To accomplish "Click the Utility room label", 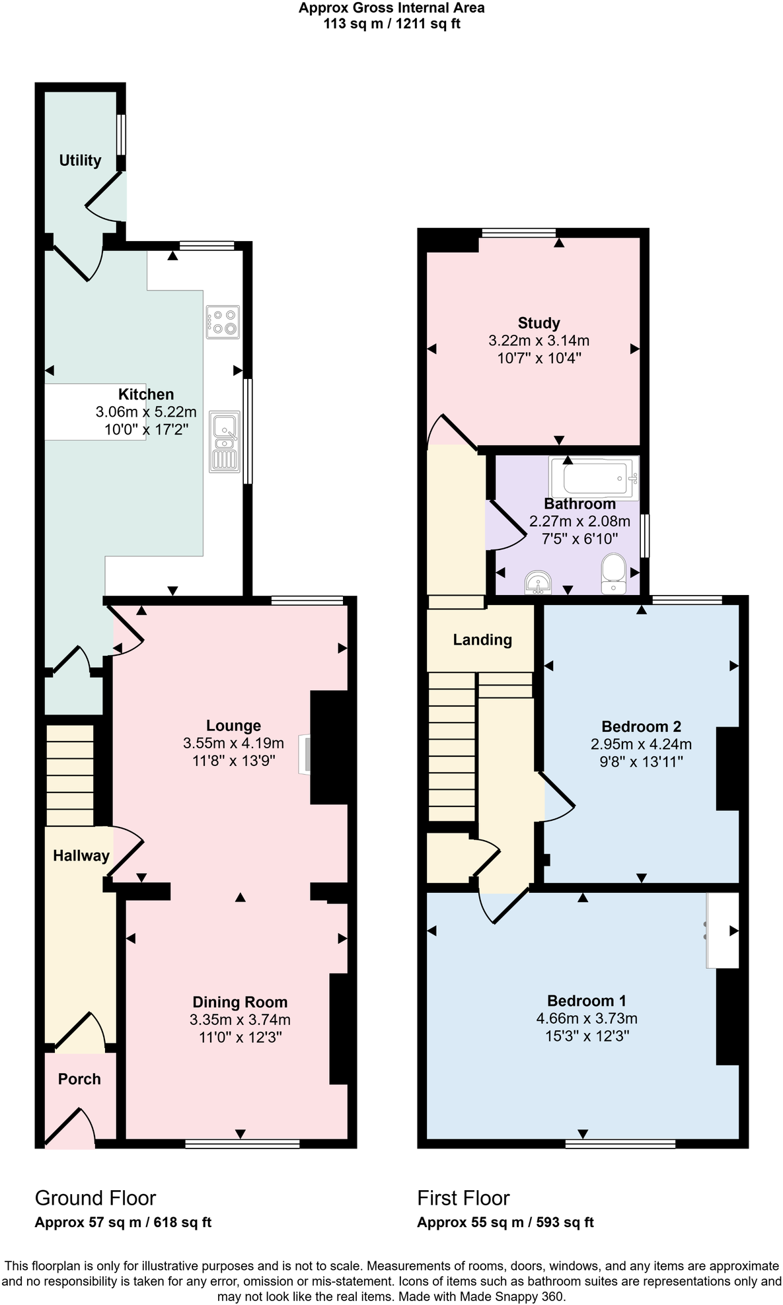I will coord(80,160).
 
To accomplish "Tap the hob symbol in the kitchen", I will coord(223,322).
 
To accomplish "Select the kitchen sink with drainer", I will coord(225,441).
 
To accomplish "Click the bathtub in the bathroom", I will coord(594,477).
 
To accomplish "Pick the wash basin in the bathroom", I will coord(538,582).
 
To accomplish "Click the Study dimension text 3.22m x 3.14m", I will coord(539,341).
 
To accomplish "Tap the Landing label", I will coord(482,639).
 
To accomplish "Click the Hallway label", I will coord(81,855).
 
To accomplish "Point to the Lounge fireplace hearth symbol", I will coord(305,754).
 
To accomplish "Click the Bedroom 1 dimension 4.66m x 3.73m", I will coord(587,1018).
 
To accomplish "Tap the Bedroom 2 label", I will coord(641,726).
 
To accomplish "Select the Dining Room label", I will coord(240,1002).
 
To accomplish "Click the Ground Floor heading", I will coord(95,1197).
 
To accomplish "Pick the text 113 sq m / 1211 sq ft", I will coord(391,24).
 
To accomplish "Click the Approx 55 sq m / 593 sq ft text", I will coord(505,1222).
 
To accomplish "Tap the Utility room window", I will coord(122,135).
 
